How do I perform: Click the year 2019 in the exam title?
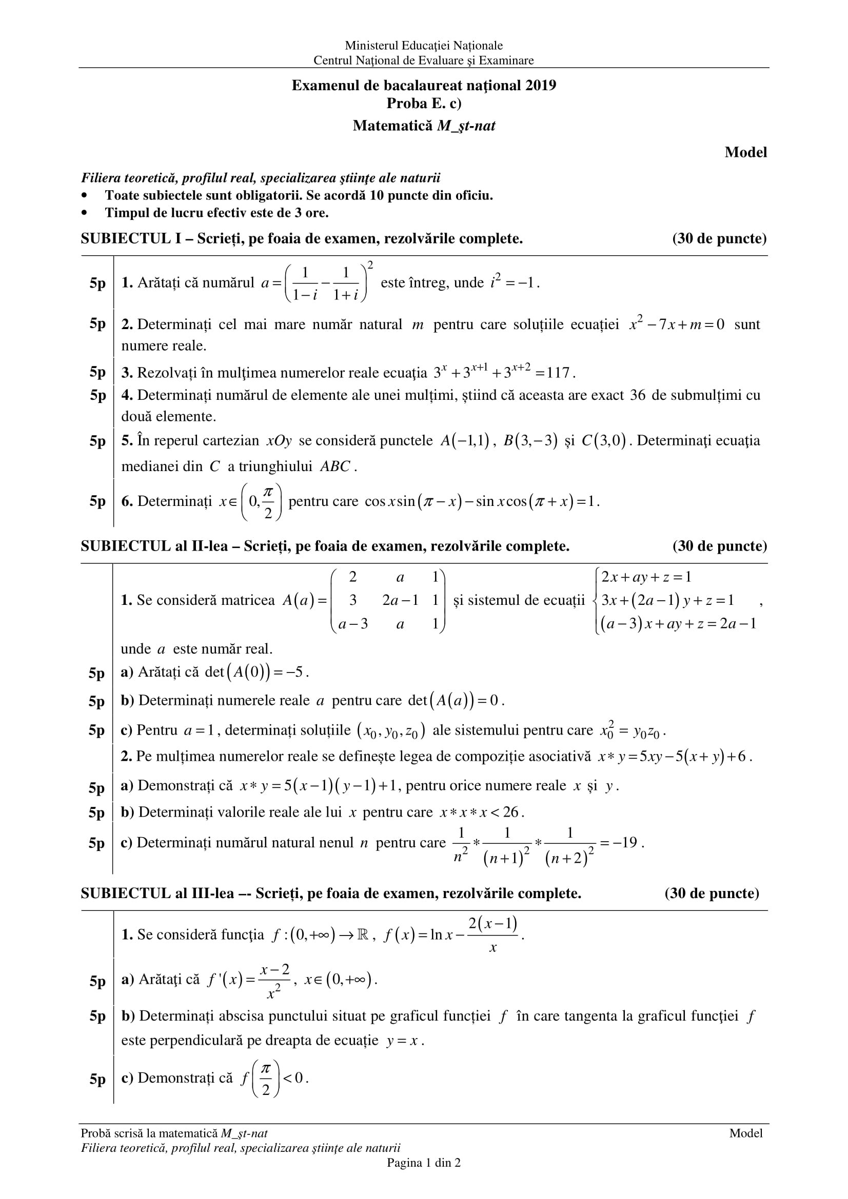pos(541,86)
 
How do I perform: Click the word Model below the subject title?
pos(745,152)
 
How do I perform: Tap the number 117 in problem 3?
pos(559,373)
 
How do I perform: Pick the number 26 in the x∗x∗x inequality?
pos(510,812)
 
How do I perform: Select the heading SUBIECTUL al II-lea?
pos(154,546)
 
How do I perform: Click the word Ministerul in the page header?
pos(370,46)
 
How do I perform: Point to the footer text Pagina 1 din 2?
pos(424,1163)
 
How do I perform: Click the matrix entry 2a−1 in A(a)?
pos(400,601)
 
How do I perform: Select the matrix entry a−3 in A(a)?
pos(353,624)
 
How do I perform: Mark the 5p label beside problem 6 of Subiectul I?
pos(97,501)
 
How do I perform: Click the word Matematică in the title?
pos(393,126)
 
